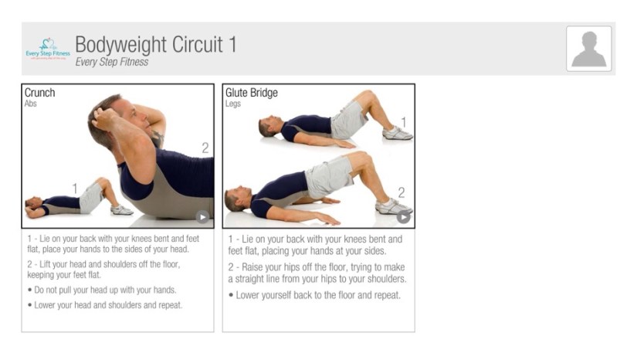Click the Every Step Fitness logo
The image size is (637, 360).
pyautogui.click(x=48, y=49)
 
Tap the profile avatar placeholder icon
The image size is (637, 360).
pyautogui.click(x=588, y=49)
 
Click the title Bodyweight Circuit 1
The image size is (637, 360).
pyautogui.click(x=156, y=45)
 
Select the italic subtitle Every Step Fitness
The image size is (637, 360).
pyautogui.click(x=112, y=62)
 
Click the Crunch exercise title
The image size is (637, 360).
pyautogui.click(x=39, y=93)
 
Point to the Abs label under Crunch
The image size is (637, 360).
pyautogui.click(x=30, y=104)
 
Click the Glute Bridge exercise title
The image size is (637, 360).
pyautogui.click(x=252, y=93)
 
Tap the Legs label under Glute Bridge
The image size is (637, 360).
pyautogui.click(x=232, y=104)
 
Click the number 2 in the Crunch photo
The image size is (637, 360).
pyautogui.click(x=205, y=148)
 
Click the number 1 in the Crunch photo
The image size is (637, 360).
pyautogui.click(x=75, y=188)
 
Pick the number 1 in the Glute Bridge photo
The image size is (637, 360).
pyautogui.click(x=403, y=122)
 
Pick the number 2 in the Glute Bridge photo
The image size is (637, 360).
pyautogui.click(x=402, y=192)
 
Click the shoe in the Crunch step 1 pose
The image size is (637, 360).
pyautogui.click(x=121, y=210)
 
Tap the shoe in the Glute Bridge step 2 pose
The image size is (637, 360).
pyautogui.click(x=392, y=207)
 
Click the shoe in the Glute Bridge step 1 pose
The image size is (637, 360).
pyautogui.click(x=398, y=134)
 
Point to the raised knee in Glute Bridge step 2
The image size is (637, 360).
pyautogui.click(x=361, y=157)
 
